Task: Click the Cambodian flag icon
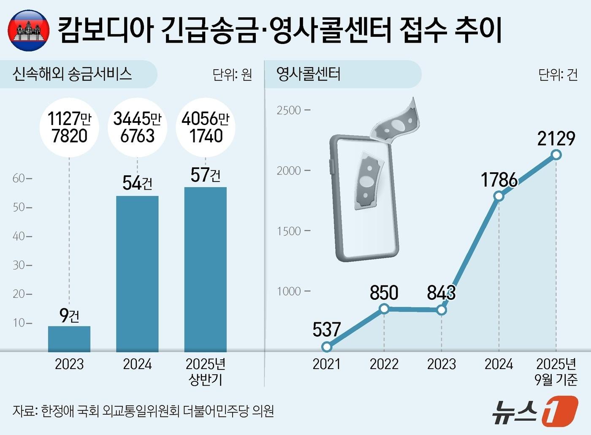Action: tap(29, 30)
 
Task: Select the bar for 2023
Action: tap(69, 339)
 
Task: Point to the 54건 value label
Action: tap(137, 183)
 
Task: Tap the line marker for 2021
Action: tap(326, 347)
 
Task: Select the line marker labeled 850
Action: tap(384, 309)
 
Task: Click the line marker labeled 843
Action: tap(442, 310)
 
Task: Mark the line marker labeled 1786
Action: tap(499, 196)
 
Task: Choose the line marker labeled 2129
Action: tap(556, 155)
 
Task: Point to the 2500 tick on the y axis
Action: tap(289, 110)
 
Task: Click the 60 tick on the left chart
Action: tap(19, 178)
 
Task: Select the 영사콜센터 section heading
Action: tap(308, 74)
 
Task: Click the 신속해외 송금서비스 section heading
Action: tap(72, 74)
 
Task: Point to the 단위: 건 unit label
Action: tap(558, 75)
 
